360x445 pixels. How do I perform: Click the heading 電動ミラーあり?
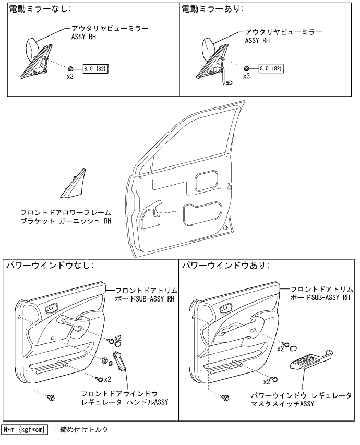(x=213, y=9)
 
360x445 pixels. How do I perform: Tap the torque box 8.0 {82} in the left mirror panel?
(x=95, y=68)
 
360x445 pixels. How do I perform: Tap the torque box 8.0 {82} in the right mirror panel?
(x=271, y=68)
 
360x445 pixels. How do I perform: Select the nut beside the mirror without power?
(x=70, y=68)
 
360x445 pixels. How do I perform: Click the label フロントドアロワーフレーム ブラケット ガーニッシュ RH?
(x=66, y=217)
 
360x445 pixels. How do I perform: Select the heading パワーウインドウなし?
(x=49, y=266)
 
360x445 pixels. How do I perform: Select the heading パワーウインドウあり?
(x=225, y=266)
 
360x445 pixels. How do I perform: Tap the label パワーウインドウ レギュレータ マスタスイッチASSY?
(x=301, y=400)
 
